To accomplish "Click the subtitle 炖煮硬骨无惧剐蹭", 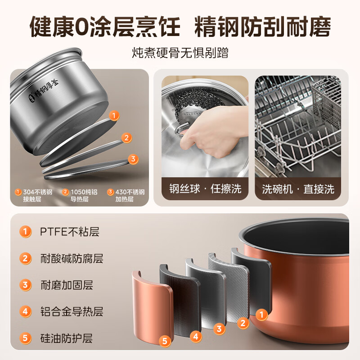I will [180, 53].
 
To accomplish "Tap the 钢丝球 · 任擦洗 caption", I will [205, 189].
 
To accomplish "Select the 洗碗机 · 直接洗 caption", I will [298, 189].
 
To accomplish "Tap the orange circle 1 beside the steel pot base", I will [114, 116].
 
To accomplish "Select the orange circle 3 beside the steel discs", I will [133, 159].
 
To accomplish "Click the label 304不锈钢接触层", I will [35, 195].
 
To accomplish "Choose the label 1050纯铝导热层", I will [81, 195].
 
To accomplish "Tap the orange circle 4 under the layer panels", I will [195, 336].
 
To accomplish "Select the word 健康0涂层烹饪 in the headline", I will [104, 27].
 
